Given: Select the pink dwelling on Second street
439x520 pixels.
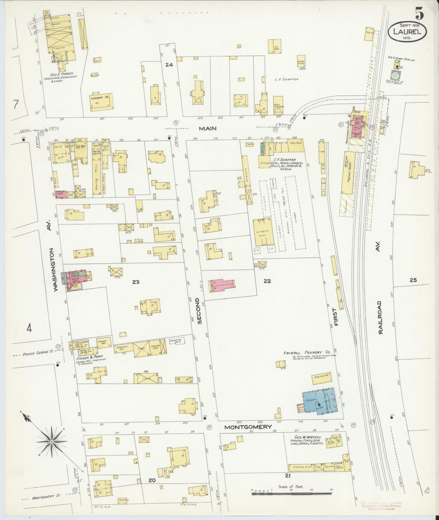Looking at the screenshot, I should pyautogui.click(x=222, y=285).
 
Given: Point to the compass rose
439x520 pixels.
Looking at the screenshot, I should pyautogui.click(x=51, y=442).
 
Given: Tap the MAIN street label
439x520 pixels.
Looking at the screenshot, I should pyautogui.click(x=208, y=129).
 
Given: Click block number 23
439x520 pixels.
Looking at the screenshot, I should pyautogui.click(x=136, y=282).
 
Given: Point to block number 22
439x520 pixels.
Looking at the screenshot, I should pyautogui.click(x=267, y=281).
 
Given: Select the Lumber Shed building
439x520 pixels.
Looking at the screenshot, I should pyautogui.click(x=263, y=233).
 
